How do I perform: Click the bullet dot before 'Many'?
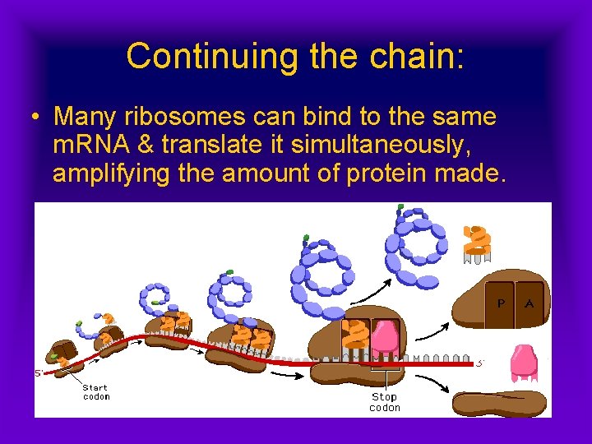pos(35,117)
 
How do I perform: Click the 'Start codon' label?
pos(96,391)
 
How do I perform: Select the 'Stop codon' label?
pos(385,402)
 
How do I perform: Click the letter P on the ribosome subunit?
pos(499,303)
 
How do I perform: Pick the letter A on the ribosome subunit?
pos(529,303)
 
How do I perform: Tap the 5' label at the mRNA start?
pos(39,372)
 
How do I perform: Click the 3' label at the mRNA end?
pos(480,362)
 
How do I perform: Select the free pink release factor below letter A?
pos(524,362)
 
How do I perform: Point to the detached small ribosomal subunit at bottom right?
pos(499,403)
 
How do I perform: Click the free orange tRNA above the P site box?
pos(477,243)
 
